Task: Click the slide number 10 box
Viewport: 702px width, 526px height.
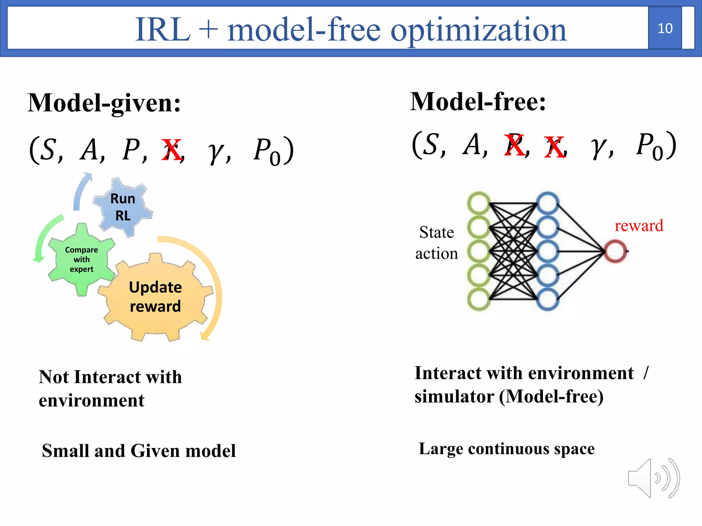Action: click(665, 28)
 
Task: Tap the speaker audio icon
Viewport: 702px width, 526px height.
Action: click(653, 478)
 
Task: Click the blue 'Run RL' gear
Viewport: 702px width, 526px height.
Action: click(123, 207)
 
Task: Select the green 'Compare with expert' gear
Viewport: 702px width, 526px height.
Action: click(82, 259)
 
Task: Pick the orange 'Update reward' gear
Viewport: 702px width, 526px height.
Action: click(155, 297)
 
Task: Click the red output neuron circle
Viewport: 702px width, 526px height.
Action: click(615, 251)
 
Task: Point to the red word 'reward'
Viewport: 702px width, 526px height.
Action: click(639, 226)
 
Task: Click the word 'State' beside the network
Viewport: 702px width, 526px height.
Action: click(436, 233)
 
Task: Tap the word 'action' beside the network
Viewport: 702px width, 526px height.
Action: click(436, 254)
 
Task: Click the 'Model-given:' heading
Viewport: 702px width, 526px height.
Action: click(104, 103)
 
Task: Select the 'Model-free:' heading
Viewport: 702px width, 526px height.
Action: click(478, 102)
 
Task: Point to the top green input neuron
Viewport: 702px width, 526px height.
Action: click(479, 203)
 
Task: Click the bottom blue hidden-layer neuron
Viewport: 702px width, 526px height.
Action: click(547, 299)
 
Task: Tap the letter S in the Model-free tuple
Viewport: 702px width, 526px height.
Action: click(431, 145)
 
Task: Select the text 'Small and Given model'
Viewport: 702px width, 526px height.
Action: click(139, 451)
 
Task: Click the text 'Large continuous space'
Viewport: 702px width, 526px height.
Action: click(507, 449)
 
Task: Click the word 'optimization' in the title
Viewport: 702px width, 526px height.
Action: click(478, 30)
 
